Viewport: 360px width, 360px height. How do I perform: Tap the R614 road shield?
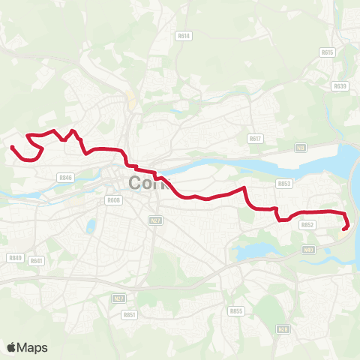coord(184,35)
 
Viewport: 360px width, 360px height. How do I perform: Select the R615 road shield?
coord(326,52)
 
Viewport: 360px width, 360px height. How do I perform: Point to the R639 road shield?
coord(340,86)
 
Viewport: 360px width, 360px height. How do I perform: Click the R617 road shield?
coord(256,138)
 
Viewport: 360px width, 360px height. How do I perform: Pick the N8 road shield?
coord(300,148)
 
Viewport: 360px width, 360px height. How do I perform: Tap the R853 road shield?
coord(283,183)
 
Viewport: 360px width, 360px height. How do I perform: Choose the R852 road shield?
coord(307,224)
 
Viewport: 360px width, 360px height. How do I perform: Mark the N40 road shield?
coord(308,250)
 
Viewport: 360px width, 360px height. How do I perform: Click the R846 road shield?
coord(64,178)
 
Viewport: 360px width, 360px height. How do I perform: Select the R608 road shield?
coord(113,200)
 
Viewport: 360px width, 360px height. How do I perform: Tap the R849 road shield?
coord(15,257)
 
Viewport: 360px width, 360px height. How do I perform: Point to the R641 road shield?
coord(37,261)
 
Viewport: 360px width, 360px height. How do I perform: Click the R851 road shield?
coord(128,315)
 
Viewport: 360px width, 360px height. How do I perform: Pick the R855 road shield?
coord(236,310)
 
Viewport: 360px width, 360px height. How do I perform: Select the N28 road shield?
coord(282,329)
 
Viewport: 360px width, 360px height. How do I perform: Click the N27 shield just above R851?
coord(118,298)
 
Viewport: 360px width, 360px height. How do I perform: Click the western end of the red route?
coord(11,146)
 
